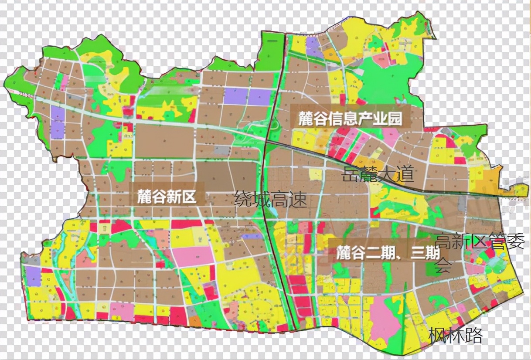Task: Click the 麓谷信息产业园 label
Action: point(350,119)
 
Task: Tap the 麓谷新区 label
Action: point(166,197)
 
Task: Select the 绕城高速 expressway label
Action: point(270,200)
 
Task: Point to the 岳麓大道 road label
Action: point(378,174)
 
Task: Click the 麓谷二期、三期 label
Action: point(388,253)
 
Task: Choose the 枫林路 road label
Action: point(456,336)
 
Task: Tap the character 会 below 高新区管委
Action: point(443,266)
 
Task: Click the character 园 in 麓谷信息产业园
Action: point(395,119)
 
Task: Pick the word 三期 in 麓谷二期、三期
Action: point(425,253)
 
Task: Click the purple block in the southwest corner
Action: point(32,276)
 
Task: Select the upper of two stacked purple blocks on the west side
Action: point(58,113)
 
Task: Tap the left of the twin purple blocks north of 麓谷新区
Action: point(235,96)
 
